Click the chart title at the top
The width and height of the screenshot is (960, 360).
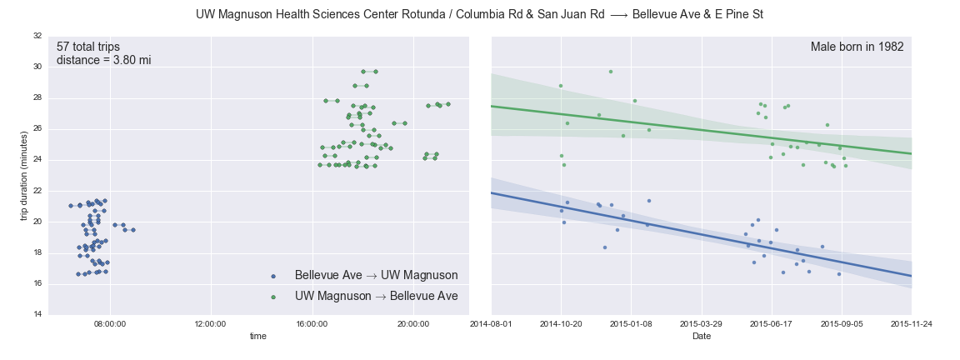click(479, 15)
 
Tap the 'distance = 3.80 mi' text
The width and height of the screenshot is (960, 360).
click(103, 60)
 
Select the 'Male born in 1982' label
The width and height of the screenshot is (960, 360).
click(857, 47)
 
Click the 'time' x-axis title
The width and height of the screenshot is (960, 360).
click(258, 335)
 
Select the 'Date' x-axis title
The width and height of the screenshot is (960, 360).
click(701, 335)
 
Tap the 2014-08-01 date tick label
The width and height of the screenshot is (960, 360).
click(491, 324)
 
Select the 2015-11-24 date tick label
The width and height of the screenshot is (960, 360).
click(911, 324)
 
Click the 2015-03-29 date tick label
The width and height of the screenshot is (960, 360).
click(701, 324)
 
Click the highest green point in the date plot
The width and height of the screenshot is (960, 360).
click(610, 72)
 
